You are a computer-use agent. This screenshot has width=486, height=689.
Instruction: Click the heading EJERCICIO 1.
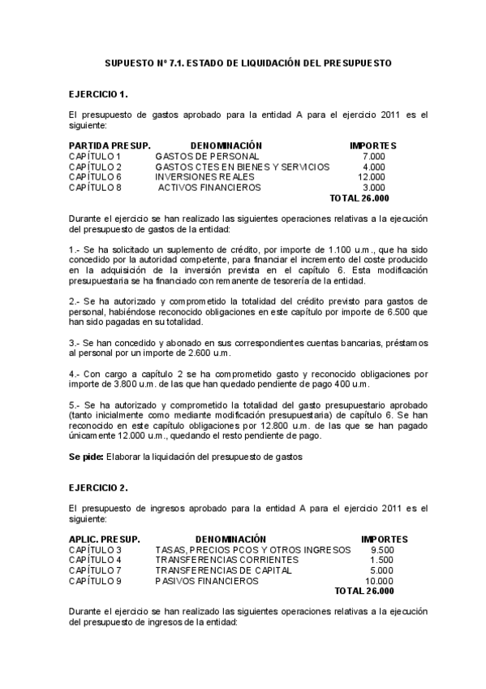tap(98, 94)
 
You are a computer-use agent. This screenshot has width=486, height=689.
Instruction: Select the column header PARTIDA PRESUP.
tap(105, 145)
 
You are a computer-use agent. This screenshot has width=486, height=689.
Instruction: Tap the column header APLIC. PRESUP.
tap(104, 539)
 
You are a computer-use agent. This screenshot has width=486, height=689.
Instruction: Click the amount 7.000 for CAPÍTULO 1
tap(374, 155)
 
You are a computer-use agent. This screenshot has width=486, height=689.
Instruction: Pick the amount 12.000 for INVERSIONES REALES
tap(371, 176)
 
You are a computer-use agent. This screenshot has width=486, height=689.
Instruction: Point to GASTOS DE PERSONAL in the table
tap(207, 155)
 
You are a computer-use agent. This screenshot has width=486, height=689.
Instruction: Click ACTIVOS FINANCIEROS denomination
tap(209, 187)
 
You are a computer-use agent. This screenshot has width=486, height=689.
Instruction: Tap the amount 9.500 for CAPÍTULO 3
tap(381, 549)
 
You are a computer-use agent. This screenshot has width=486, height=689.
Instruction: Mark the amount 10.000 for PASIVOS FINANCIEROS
tap(378, 581)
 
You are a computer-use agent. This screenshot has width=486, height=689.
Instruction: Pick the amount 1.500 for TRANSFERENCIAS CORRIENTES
tap(381, 560)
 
